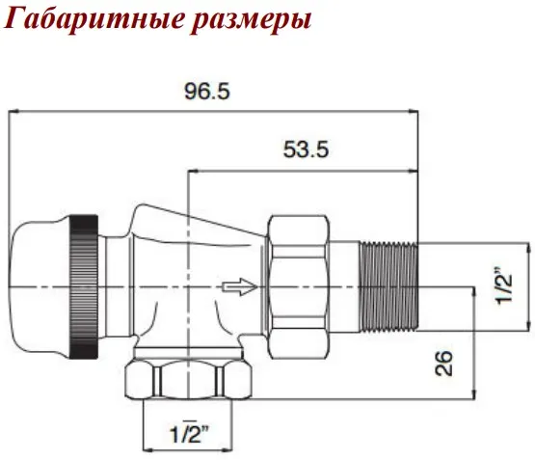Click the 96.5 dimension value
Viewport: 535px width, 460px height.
tap(207, 92)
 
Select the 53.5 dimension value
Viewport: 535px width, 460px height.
tap(306, 149)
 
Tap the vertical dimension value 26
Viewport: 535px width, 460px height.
tap(444, 364)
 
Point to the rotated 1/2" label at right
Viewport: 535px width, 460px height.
tap(504, 288)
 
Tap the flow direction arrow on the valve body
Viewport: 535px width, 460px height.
tap(240, 286)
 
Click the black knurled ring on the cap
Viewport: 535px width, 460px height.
tap(84, 286)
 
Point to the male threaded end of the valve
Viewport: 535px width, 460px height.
tap(389, 286)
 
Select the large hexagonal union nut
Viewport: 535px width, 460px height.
tap(299, 286)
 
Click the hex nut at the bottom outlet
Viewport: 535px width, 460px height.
tap(188, 380)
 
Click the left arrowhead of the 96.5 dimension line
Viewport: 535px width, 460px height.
tap(13, 111)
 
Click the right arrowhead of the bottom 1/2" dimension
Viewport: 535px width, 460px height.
tap(227, 450)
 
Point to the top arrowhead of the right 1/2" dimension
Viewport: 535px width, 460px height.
tap(529, 248)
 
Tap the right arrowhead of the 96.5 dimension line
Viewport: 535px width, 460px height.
tap(414, 111)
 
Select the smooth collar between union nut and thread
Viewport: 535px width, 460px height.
tap(345, 286)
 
